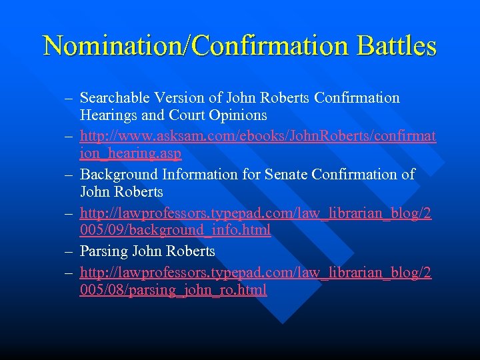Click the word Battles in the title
click(397, 46)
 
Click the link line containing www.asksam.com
click(258, 136)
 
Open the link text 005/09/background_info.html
click(175, 230)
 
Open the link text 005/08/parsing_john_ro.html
click(173, 290)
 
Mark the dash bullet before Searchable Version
click(69, 98)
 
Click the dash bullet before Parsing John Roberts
click(69, 251)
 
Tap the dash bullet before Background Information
click(69, 175)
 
